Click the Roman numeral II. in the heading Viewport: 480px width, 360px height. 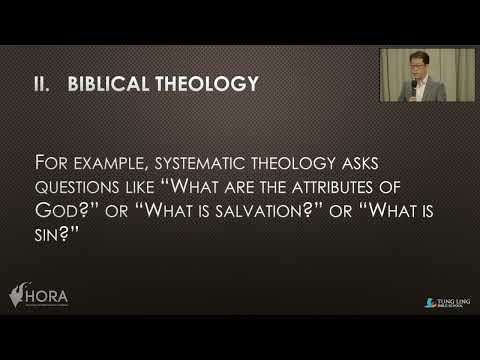(x=43, y=84)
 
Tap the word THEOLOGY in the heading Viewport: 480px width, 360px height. (x=205, y=84)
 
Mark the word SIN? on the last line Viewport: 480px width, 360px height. (x=54, y=235)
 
